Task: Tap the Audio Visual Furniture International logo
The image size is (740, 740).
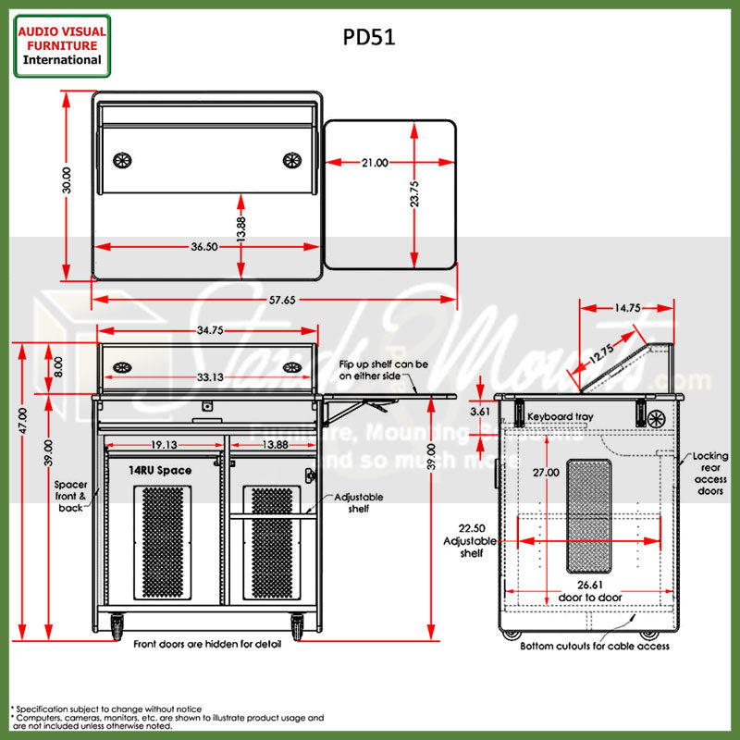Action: [63, 45]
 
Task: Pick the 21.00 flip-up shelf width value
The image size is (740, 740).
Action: [375, 162]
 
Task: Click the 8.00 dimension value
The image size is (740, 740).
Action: [58, 366]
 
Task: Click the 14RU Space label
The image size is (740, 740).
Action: [160, 471]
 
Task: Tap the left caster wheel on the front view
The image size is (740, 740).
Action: [118, 628]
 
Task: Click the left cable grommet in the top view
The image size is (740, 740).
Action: [123, 160]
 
